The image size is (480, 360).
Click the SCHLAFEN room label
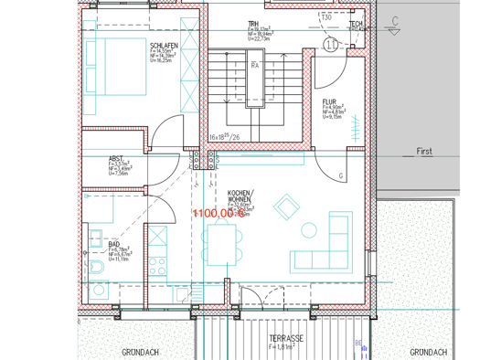click(x=164, y=45)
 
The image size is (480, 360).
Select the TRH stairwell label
click(x=253, y=25)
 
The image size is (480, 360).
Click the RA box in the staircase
click(x=257, y=66)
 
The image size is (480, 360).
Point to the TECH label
click(x=356, y=24)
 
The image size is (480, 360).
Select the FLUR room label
click(x=330, y=101)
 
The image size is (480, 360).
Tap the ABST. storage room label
click(x=116, y=158)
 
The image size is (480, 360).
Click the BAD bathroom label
click(x=114, y=244)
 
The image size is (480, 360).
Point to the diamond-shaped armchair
click(x=286, y=207)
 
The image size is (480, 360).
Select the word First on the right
click(x=423, y=152)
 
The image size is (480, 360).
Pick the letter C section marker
click(x=395, y=19)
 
